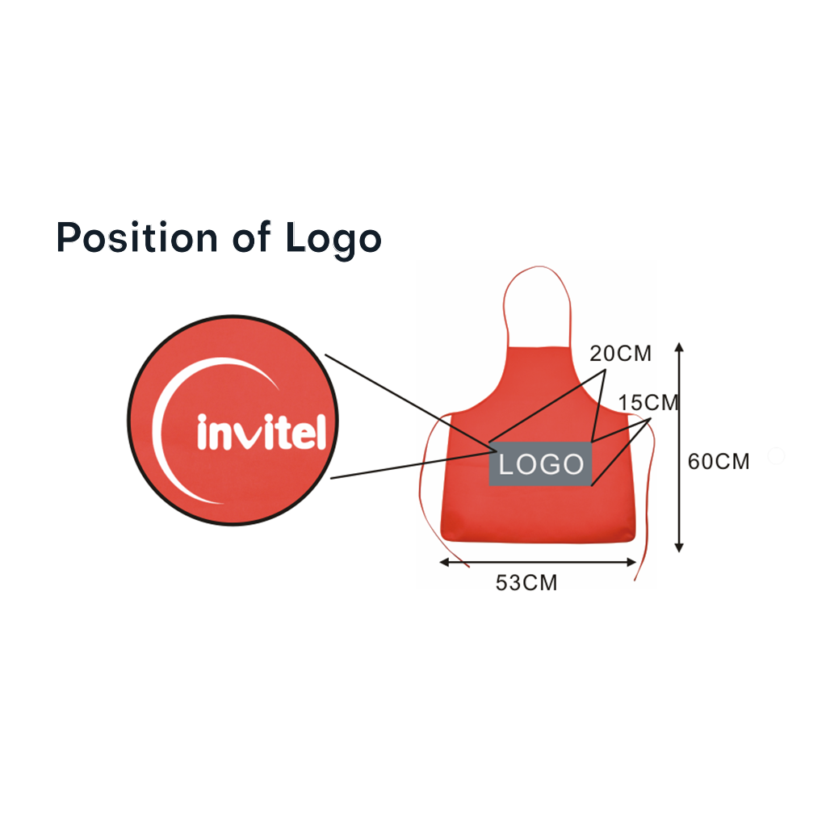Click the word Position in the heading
[x=137, y=237]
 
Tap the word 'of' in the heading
[x=251, y=237]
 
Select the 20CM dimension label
[x=620, y=354]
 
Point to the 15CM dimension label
[x=648, y=403]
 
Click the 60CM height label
[x=719, y=462]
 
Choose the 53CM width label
[x=526, y=583]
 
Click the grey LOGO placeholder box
[x=540, y=463]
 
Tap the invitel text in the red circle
[x=262, y=432]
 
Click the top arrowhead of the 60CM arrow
[x=679, y=347]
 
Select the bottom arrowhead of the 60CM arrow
[x=679, y=548]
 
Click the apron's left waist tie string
[x=421, y=487]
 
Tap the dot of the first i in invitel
[x=202, y=418]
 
